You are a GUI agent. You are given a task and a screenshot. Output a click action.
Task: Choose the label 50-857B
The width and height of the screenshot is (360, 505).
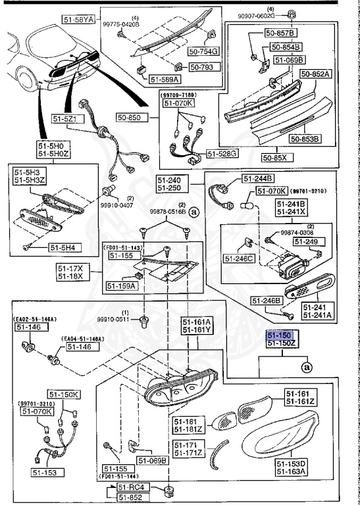click(x=280, y=32)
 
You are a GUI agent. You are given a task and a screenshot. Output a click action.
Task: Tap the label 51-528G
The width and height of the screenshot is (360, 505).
click(x=222, y=153)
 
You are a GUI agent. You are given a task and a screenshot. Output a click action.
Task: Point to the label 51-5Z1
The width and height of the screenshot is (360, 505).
click(x=65, y=119)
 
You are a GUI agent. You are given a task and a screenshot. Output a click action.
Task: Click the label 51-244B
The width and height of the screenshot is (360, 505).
click(x=258, y=178)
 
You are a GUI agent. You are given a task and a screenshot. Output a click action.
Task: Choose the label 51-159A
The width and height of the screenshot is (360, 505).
click(x=120, y=286)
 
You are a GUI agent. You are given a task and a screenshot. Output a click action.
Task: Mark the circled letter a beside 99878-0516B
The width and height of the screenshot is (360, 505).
click(x=193, y=212)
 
